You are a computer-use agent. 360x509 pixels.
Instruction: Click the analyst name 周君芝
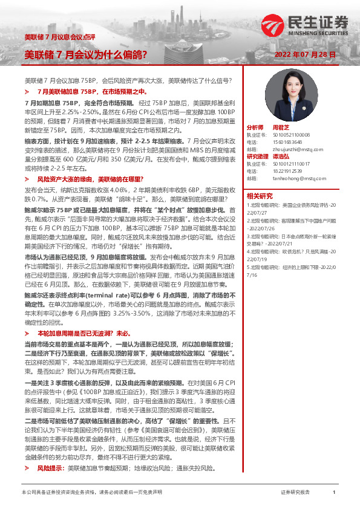[x=281, y=128]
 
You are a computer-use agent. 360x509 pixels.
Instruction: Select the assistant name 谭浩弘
[x=281, y=157]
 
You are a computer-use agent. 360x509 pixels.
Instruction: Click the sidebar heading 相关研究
[x=260, y=196]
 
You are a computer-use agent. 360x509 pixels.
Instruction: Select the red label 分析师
[x=255, y=128]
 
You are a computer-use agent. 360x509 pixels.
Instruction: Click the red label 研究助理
[x=258, y=157]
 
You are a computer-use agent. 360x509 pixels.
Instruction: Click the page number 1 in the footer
[x=334, y=493]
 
